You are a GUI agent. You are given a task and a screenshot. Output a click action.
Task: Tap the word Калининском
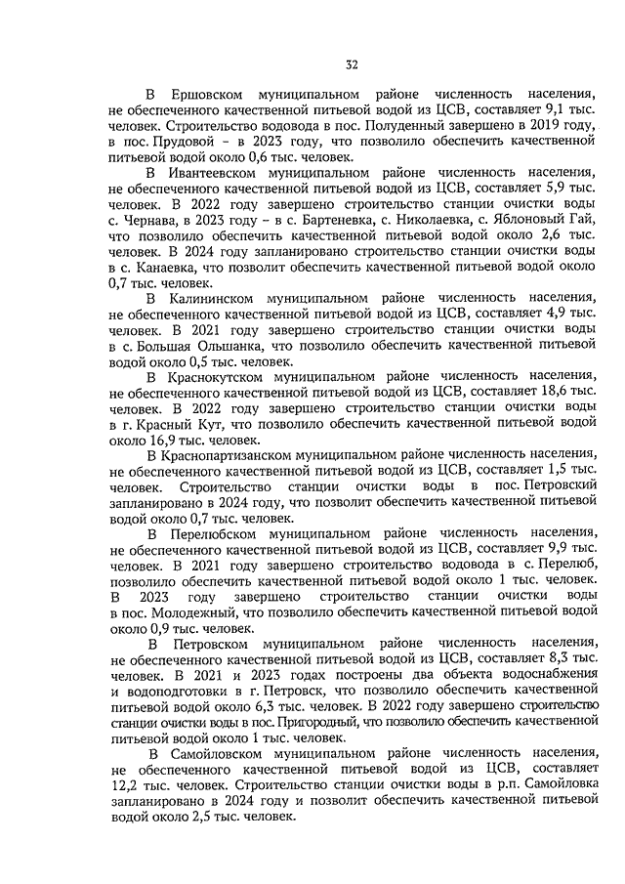click(211, 296)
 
